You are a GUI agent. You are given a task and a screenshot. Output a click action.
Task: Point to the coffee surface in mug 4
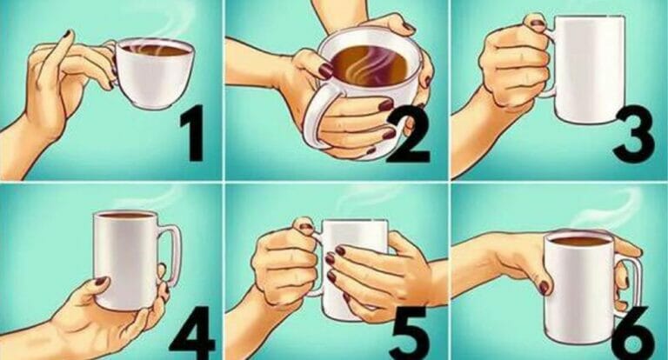pyautogui.click(x=125, y=214)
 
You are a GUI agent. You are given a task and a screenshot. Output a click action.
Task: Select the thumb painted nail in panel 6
pyautogui.click(x=543, y=286)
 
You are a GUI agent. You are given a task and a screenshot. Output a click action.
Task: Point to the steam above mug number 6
pyautogui.click(x=609, y=209)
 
